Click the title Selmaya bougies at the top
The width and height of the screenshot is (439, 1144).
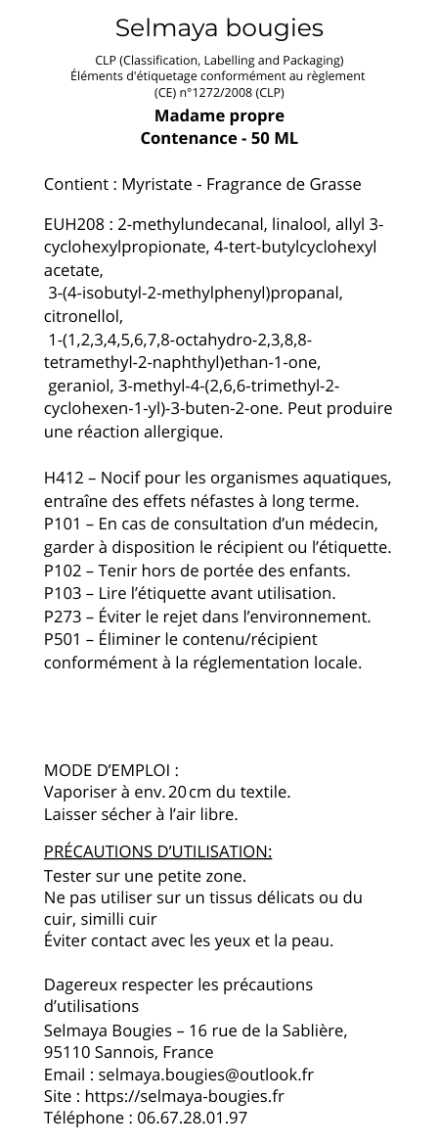[x=219, y=27]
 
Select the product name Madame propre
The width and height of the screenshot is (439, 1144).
[x=219, y=116]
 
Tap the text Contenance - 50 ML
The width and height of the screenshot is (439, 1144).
[x=219, y=138]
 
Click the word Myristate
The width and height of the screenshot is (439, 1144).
[x=157, y=184]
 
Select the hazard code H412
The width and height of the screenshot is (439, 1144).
[x=63, y=479]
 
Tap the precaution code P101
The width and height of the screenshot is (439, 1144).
[x=62, y=525]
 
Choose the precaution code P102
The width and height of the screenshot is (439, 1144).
[x=62, y=571]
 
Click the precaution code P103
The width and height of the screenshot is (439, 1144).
[x=62, y=593]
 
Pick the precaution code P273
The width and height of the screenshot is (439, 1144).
[x=62, y=617]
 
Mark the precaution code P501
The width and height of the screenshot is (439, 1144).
[x=62, y=640]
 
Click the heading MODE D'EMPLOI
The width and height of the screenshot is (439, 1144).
[x=110, y=770]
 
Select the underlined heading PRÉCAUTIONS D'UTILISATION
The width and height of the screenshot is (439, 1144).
[x=157, y=851]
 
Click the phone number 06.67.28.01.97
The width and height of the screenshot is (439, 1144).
[x=192, y=1118]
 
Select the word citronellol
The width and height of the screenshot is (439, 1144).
[x=83, y=317]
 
